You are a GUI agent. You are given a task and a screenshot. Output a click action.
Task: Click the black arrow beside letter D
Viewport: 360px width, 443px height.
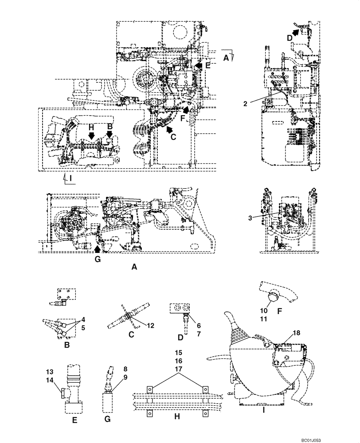(296, 29)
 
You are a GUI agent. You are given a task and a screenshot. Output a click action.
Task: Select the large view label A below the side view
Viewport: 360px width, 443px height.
(134, 267)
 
